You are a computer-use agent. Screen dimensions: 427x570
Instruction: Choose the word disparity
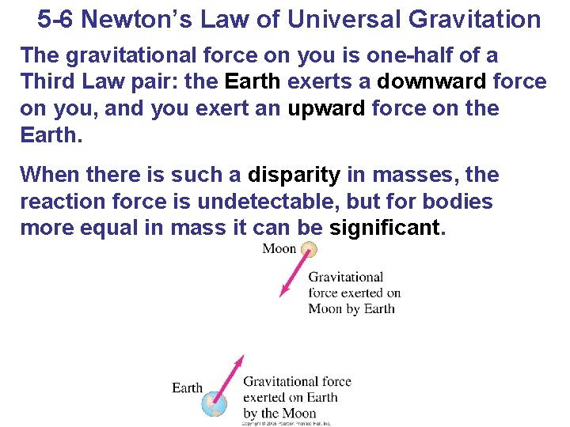[294, 175]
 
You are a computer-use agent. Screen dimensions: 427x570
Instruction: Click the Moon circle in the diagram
[310, 250]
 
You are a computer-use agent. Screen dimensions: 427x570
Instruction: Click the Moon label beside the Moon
[279, 249]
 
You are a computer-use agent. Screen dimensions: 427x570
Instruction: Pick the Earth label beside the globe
[187, 387]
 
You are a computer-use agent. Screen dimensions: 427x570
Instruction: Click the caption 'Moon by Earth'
[351, 308]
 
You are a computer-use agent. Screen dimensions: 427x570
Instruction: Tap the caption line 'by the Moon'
[279, 413]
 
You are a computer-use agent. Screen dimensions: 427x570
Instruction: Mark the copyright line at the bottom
[286, 423]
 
